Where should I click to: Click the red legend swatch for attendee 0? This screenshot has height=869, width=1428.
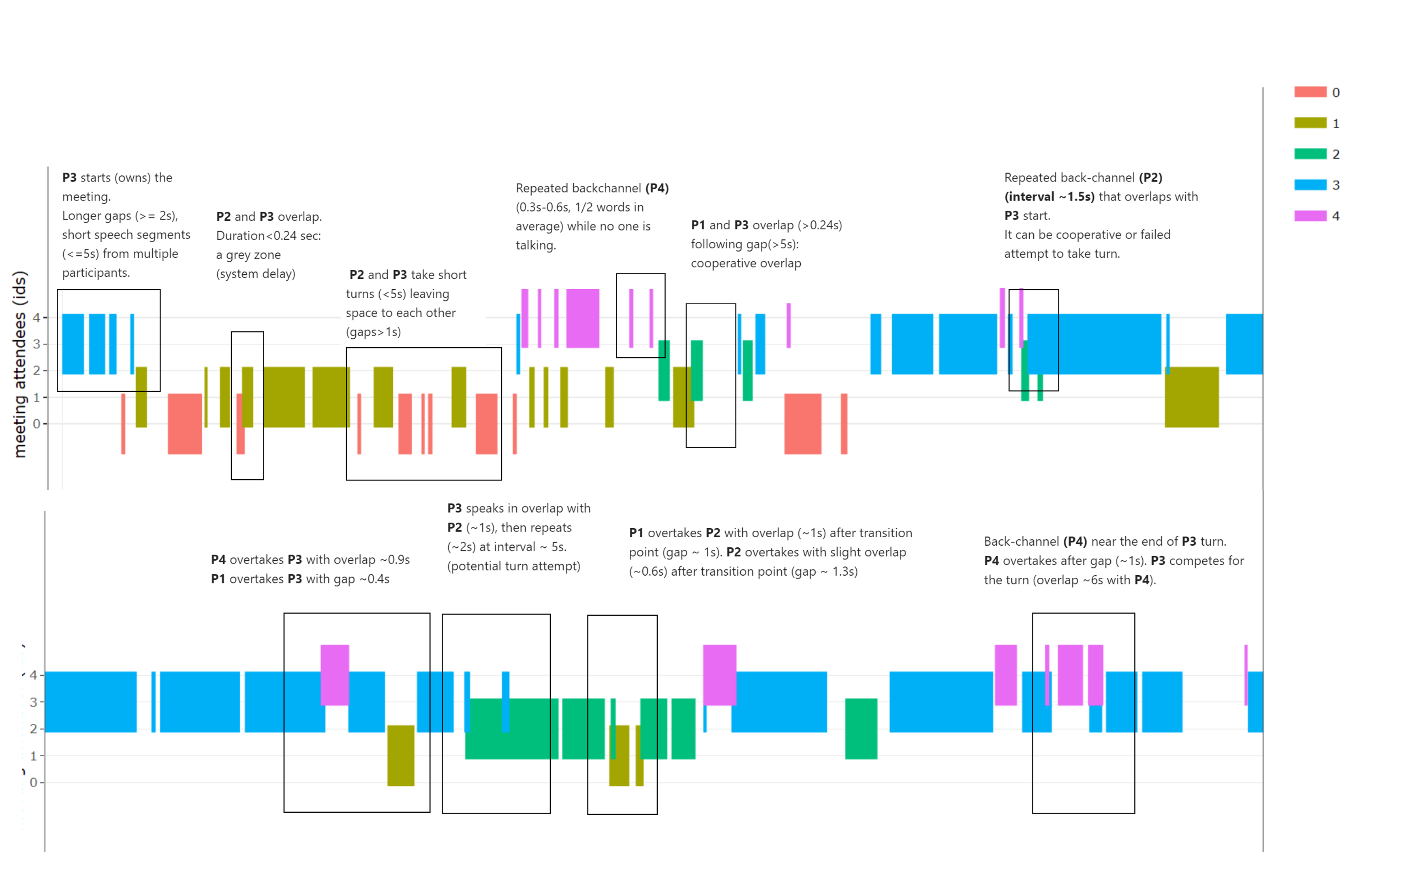coord(1310,92)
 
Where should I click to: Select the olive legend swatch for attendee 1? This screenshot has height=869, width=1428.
coord(1310,123)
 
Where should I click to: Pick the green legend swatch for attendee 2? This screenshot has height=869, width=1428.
coord(1310,154)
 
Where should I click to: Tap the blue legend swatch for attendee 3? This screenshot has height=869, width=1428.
coord(1310,185)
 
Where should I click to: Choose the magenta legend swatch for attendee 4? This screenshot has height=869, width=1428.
coord(1310,216)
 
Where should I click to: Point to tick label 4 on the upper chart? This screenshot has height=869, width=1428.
coord(36,318)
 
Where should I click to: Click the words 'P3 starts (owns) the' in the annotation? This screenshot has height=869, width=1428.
coord(117,177)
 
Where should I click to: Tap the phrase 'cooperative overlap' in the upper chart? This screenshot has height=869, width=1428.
coord(746,263)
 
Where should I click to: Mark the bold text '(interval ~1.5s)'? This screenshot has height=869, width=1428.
coord(1049,196)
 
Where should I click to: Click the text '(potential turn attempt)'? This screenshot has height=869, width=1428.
coord(513,566)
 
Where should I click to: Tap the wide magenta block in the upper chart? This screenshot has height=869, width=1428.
coord(582,318)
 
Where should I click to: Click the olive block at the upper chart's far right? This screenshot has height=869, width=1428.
coord(1191,397)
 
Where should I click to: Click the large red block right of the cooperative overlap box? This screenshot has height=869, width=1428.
coord(803,423)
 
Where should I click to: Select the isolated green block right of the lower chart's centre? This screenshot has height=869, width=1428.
coord(861,729)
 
